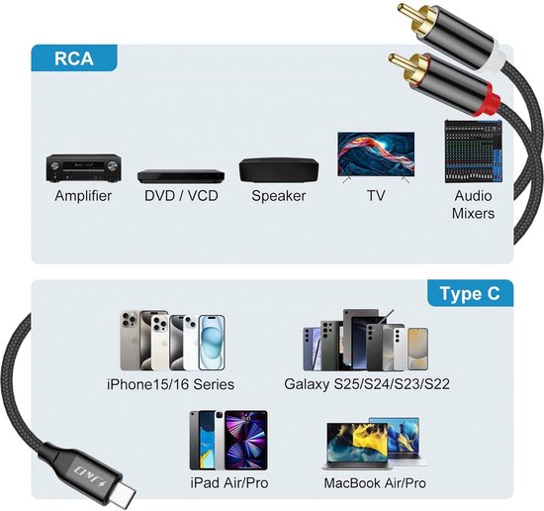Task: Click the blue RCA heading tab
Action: (74, 58)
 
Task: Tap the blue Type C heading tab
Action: (470, 293)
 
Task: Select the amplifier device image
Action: (84, 168)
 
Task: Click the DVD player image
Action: (181, 176)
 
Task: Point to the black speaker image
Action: (279, 170)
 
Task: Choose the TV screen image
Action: (376, 157)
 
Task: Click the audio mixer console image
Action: (473, 152)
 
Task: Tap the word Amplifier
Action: (83, 196)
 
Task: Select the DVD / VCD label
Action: (181, 195)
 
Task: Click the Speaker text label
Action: (279, 196)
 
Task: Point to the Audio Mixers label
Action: (473, 205)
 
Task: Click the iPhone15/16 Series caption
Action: (171, 384)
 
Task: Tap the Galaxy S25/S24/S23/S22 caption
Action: (367, 384)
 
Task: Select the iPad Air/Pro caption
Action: (229, 483)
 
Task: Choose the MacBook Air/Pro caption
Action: (375, 483)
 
